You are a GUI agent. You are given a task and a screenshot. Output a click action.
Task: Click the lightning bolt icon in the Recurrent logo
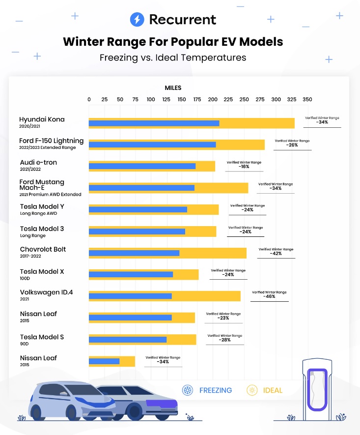[137, 20]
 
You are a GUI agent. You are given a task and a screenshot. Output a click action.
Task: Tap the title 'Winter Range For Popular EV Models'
[173, 41]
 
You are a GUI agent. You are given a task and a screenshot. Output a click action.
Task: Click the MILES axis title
[173, 88]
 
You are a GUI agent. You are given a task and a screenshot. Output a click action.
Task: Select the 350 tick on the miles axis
[307, 99]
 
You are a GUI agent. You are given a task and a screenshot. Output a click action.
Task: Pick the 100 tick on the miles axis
[151, 99]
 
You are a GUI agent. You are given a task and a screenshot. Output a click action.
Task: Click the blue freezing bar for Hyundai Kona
[154, 123]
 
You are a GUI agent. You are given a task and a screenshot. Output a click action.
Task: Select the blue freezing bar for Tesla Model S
[128, 339]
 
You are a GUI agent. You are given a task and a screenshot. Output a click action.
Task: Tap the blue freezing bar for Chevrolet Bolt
[134, 253]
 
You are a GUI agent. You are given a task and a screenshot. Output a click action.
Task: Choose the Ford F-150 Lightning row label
[51, 143]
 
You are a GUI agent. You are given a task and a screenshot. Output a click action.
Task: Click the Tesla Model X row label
[42, 274]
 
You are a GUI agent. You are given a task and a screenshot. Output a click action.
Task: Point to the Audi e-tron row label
[39, 165]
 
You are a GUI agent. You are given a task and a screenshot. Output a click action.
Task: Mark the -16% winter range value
[244, 167]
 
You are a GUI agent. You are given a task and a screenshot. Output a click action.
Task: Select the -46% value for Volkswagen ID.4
[269, 297]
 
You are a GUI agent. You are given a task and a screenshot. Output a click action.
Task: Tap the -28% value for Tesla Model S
[224, 340]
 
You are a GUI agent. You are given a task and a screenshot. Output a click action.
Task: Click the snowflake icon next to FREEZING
[187, 390]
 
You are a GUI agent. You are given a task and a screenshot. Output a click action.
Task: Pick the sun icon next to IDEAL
[251, 390]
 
